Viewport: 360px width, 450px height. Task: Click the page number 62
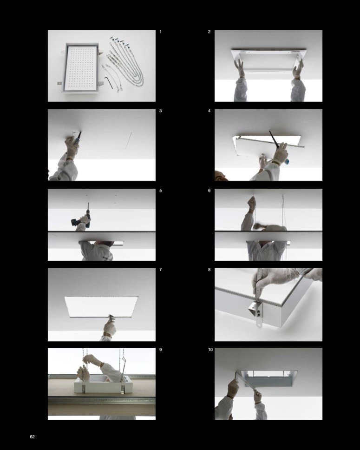point(32,437)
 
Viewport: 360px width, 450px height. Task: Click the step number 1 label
point(160,32)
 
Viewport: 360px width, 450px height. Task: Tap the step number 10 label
point(210,350)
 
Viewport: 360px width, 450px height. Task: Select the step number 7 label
point(160,270)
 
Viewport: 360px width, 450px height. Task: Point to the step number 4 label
point(209,111)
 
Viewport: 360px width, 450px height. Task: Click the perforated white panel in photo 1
point(81,68)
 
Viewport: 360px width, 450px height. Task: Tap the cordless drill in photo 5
point(82,218)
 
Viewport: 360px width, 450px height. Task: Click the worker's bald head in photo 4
point(221,175)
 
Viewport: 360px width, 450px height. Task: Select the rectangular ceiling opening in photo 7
point(101,307)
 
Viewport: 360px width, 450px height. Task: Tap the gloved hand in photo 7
point(110,327)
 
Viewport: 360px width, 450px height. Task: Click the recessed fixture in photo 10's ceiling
point(269,378)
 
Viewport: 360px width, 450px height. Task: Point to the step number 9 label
point(160,350)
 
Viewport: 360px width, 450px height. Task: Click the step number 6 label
point(209,191)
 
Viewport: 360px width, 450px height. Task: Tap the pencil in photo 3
point(79,138)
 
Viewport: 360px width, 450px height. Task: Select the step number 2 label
point(209,32)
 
